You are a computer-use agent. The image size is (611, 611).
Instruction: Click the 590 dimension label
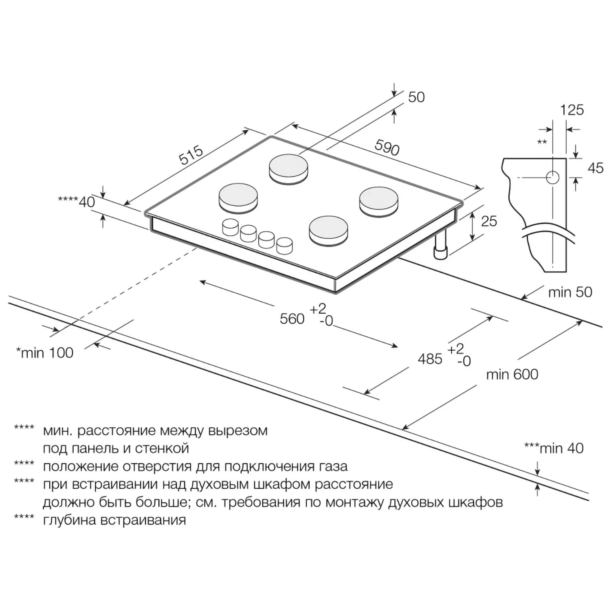pos(387,147)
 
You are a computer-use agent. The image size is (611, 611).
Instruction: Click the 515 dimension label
pos(191,155)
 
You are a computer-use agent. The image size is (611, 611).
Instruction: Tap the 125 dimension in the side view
pos(572,110)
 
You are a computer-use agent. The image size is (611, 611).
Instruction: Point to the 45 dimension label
pos(596,168)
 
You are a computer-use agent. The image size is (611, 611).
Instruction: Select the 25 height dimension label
pos(489,221)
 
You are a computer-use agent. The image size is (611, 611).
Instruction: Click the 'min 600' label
pos(512,374)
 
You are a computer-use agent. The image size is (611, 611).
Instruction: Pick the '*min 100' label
pos(44,352)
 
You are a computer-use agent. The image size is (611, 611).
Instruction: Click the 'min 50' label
pos(570,292)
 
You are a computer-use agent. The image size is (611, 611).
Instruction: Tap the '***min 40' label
pos(554,448)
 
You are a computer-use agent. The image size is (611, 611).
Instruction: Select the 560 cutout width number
pos(292,319)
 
